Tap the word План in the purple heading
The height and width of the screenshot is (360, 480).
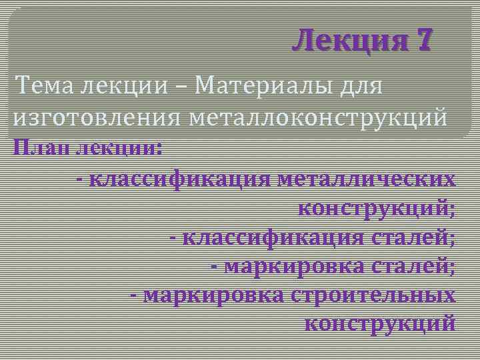(41, 147)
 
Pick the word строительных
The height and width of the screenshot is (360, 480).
(373, 295)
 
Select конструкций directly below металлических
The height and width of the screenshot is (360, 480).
(377, 209)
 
